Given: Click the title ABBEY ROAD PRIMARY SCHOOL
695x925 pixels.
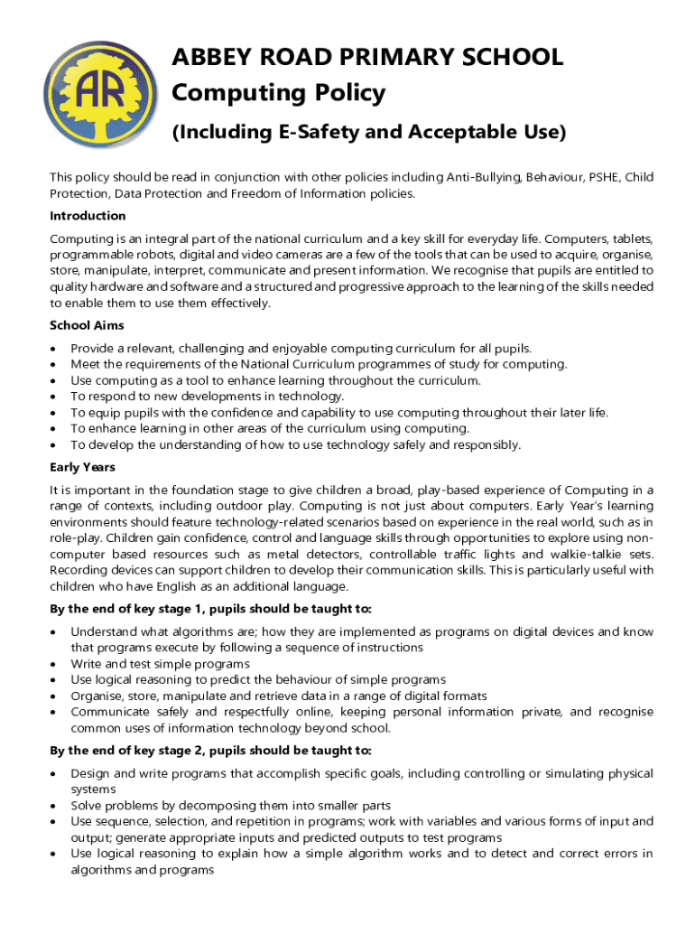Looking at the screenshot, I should coord(367,57).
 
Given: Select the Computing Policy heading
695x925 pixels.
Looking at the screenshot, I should coord(278,93).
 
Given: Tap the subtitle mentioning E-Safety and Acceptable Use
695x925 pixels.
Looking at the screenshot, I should coord(368,133).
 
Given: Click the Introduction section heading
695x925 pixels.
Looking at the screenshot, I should coord(88,216).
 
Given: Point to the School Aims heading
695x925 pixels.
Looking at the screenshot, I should coord(87,325).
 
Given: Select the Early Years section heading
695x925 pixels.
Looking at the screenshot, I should coord(82,467).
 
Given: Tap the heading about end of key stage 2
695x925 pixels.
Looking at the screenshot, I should coord(210,751).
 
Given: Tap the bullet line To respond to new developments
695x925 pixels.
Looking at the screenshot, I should coord(207,397).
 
